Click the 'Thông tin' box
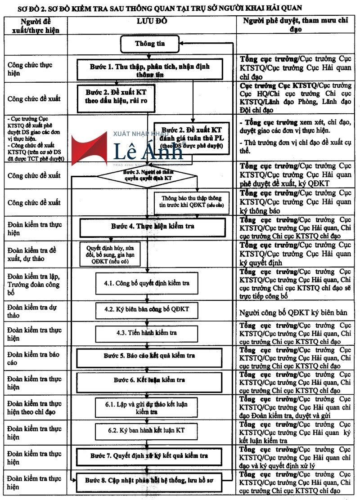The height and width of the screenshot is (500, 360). click(150, 44)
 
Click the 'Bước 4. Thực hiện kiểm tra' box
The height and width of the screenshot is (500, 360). click(153, 227)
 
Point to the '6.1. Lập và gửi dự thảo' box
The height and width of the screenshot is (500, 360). click(146, 407)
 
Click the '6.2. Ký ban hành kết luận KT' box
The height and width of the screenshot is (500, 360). click(146, 431)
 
